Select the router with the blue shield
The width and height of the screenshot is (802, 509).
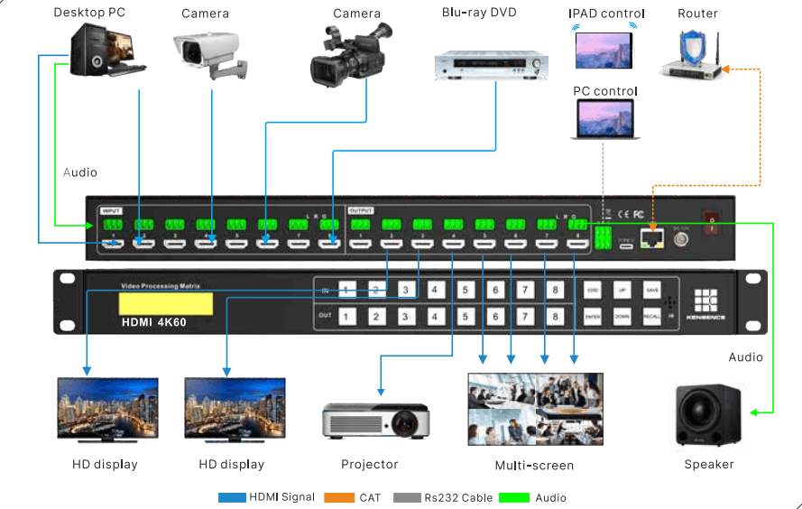(693, 56)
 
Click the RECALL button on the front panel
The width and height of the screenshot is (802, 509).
(651, 317)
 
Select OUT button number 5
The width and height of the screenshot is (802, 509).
(466, 317)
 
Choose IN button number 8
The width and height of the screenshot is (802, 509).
(555, 290)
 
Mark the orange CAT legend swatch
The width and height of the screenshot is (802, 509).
(341, 497)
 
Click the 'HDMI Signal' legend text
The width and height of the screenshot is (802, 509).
(281, 497)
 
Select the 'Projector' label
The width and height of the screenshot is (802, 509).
(370, 465)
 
